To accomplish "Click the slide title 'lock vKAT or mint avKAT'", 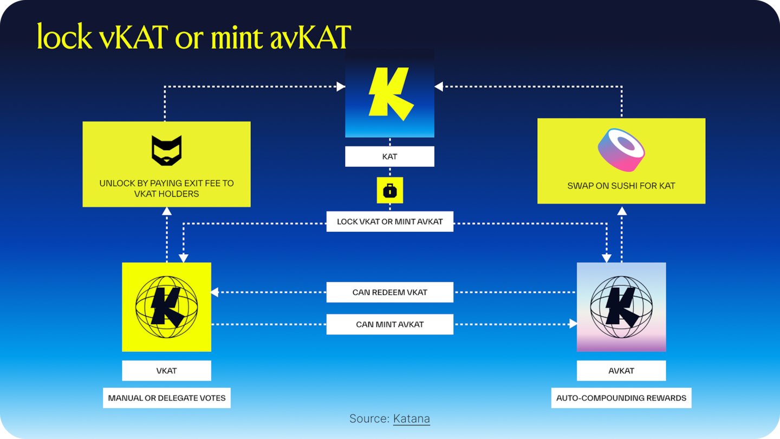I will (x=194, y=36).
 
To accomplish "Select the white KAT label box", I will (x=389, y=156).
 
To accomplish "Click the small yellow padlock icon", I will (x=389, y=190).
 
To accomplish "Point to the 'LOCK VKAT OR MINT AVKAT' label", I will (x=389, y=222).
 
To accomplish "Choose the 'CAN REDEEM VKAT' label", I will (x=389, y=292).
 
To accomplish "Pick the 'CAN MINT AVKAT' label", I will (x=389, y=324).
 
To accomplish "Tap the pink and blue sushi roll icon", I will (x=621, y=150).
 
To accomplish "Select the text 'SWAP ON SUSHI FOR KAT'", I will (x=621, y=185).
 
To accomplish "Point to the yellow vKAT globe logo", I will (x=166, y=307).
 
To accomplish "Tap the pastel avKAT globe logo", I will (x=621, y=307).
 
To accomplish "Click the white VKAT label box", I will (x=166, y=371).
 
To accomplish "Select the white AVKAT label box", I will (x=621, y=371).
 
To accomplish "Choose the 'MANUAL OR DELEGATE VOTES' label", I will (x=166, y=398).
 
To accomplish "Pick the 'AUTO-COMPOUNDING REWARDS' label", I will (x=621, y=398).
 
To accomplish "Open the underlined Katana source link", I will (x=411, y=418).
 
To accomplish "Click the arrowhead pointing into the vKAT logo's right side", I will (x=214, y=292).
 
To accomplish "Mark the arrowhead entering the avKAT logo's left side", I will (x=573, y=324).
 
